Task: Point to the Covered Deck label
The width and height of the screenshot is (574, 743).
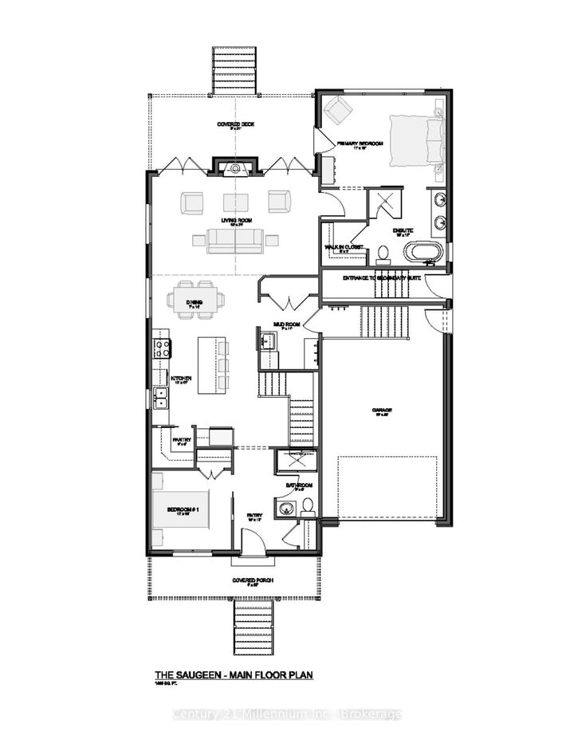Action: coord(235,124)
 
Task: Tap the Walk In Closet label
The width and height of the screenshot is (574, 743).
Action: coord(344,247)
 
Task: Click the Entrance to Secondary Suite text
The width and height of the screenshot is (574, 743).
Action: coord(383,278)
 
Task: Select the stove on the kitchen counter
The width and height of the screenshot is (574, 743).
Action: coord(162,348)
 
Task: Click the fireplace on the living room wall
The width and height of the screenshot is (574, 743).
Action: coord(235,167)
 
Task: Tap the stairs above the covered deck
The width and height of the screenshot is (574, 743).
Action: coord(236,70)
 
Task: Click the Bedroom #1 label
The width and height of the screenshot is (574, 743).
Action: coord(176,509)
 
